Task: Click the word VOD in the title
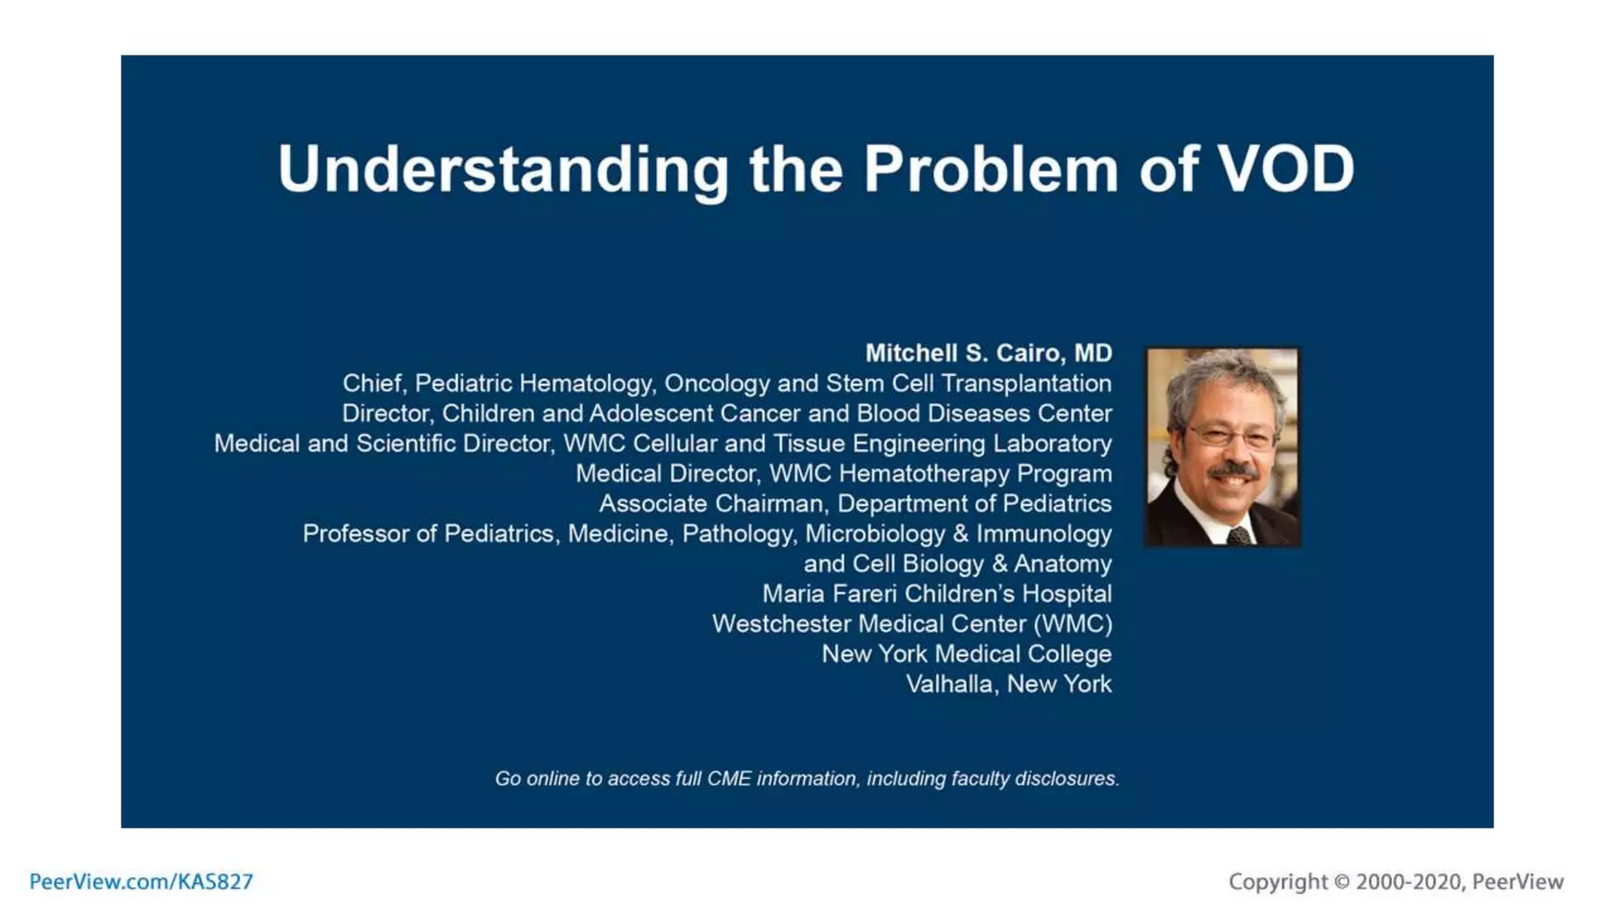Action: click(1285, 169)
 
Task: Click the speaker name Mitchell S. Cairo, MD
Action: click(988, 353)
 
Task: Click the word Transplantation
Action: click(1026, 383)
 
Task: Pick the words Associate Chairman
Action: click(711, 503)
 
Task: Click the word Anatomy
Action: click(1062, 564)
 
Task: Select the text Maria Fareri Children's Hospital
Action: click(937, 594)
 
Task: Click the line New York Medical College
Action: click(966, 654)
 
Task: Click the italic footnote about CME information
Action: click(807, 779)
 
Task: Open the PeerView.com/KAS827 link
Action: click(141, 881)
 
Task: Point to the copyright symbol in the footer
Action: click(1341, 881)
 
